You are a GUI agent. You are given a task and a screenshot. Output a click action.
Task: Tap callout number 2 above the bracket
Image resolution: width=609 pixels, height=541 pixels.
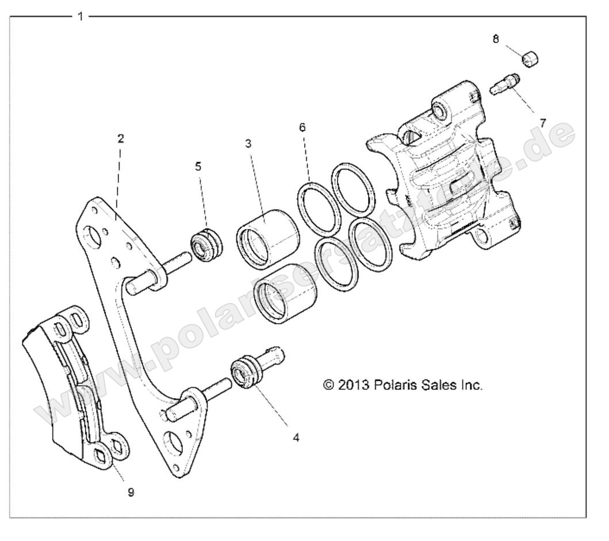[x=120, y=139]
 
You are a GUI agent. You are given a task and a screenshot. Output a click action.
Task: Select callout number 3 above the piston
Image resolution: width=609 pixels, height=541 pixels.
[x=248, y=144]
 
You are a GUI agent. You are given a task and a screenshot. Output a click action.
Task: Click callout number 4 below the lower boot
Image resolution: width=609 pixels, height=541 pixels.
[x=296, y=438]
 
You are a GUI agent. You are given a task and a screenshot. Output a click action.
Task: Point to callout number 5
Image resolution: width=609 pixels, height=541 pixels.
[x=198, y=167]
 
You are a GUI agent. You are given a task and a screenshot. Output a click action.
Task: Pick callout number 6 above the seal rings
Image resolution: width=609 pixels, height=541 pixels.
[x=302, y=128]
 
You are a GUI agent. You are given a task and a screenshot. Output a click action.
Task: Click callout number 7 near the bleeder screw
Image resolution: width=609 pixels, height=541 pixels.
[x=542, y=122]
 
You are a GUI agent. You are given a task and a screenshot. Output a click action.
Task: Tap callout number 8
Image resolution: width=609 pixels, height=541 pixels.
[x=495, y=39]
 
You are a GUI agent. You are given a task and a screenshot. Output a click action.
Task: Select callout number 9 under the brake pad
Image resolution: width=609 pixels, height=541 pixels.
[x=131, y=492]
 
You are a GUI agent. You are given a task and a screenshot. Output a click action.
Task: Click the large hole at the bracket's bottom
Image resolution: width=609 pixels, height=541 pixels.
[x=172, y=444]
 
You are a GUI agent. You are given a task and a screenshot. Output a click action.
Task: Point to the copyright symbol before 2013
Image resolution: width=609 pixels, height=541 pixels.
[x=329, y=386]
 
